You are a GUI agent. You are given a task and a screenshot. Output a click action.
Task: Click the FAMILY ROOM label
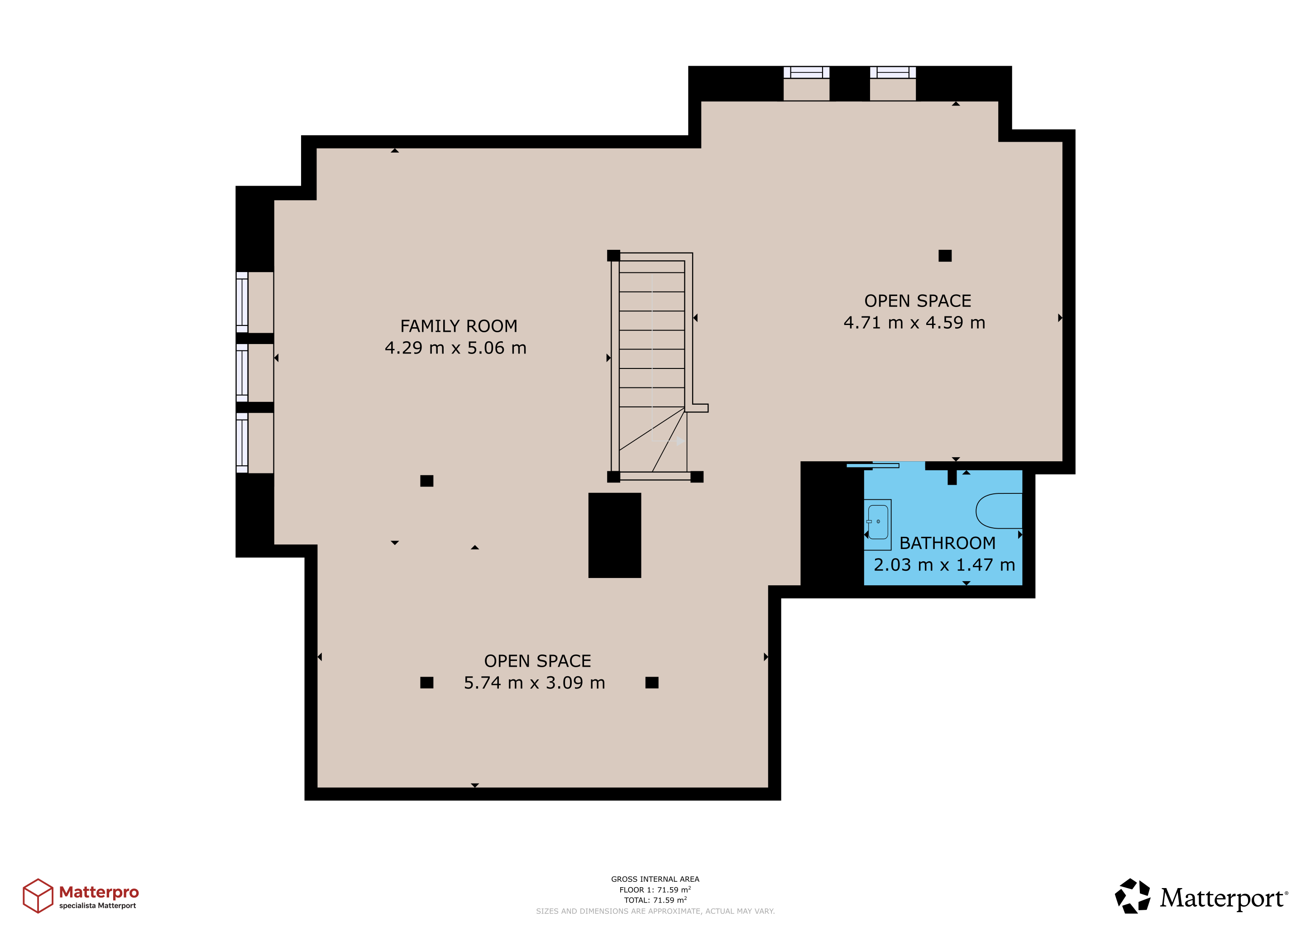pyautogui.click(x=459, y=326)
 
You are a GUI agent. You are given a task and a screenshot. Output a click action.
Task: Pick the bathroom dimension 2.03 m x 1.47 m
pyautogui.click(x=944, y=564)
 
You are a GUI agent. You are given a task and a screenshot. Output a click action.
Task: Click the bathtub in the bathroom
pyautogui.click(x=999, y=511)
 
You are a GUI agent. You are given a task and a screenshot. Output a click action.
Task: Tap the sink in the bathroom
pyautogui.click(x=878, y=525)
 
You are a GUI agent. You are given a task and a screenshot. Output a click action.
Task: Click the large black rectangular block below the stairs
pyautogui.click(x=614, y=535)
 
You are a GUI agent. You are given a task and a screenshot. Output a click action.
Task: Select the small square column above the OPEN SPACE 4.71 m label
pyautogui.click(x=945, y=256)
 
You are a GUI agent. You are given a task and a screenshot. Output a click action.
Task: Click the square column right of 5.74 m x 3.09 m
pyautogui.click(x=651, y=683)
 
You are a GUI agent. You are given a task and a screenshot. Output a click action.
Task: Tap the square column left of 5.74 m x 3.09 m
pyautogui.click(x=426, y=683)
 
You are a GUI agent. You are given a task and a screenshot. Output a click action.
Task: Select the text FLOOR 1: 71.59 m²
pyautogui.click(x=655, y=889)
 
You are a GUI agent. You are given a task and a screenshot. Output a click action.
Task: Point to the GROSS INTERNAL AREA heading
pyautogui.click(x=655, y=879)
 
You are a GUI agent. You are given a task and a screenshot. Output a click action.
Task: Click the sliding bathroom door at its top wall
pyautogui.click(x=872, y=466)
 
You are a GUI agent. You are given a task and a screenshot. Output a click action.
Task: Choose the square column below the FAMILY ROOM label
pyautogui.click(x=426, y=481)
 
